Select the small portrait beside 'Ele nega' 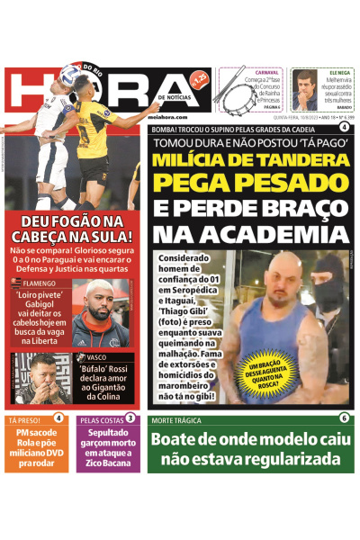tap(305, 90)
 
